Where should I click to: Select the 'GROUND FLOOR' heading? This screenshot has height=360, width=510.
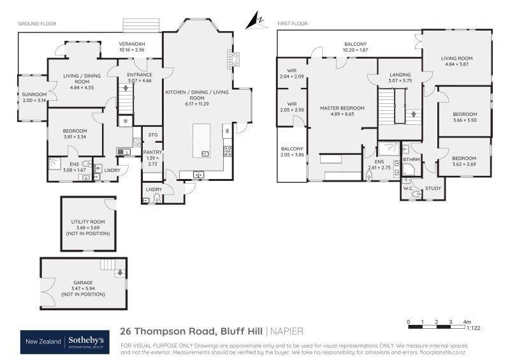pyautogui.click(x=37, y=24)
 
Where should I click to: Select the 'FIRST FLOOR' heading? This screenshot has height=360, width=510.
pyautogui.click(x=293, y=24)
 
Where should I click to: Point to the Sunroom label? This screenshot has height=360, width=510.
pyautogui.click(x=30, y=97)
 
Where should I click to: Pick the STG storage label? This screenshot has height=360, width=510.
pyautogui.click(x=152, y=135)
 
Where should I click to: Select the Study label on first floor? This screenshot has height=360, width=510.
pyautogui.click(x=434, y=189)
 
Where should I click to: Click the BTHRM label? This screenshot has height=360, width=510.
pyautogui.click(x=411, y=159)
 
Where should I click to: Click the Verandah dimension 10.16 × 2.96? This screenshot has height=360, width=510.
pyautogui.click(x=132, y=49)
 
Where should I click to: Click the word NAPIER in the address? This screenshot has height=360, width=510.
pyautogui.click(x=287, y=331)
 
